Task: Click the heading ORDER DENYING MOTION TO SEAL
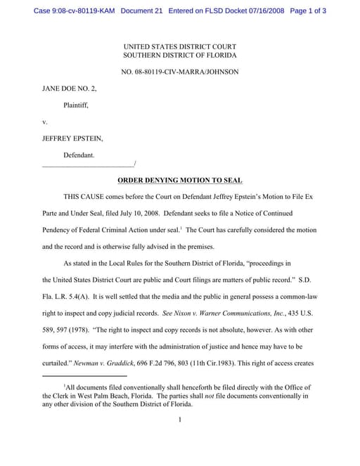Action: point(179,180)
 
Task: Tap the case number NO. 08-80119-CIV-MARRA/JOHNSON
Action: point(179,71)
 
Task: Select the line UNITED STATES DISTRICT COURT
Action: point(179,46)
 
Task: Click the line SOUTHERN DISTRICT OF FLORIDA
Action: point(179,55)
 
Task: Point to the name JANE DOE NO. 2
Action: point(69,89)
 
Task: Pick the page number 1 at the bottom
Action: point(180,420)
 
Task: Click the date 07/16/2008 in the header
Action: point(264,11)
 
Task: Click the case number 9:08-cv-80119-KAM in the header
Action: point(70,11)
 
